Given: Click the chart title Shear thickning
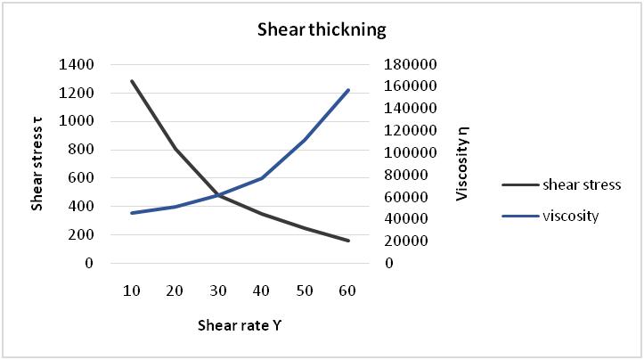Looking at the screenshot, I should [322, 29].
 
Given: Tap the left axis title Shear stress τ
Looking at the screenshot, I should [37, 164].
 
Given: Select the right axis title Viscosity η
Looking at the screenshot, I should [461, 164].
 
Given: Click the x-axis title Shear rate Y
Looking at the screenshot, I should [240, 325].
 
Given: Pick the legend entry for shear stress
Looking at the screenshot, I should [580, 185].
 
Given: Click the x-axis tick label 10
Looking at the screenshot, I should [132, 291].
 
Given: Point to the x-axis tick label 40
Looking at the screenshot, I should [262, 291].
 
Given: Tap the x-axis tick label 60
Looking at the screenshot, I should [348, 291].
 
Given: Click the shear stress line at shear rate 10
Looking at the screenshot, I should [132, 81].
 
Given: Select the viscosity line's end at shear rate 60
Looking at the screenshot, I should [348, 90].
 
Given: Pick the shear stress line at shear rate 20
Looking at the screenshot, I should [175, 149].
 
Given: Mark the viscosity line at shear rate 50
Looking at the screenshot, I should [305, 140].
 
